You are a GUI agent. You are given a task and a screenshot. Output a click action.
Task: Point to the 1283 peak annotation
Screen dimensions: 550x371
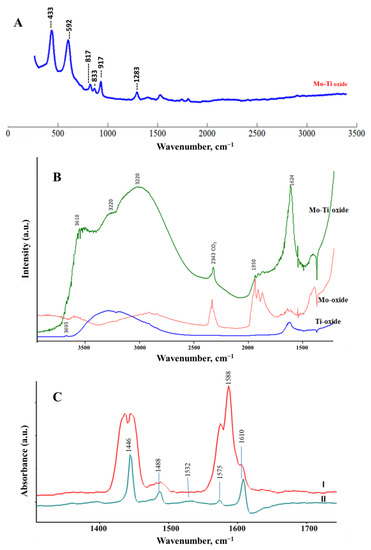tap(135, 81)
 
